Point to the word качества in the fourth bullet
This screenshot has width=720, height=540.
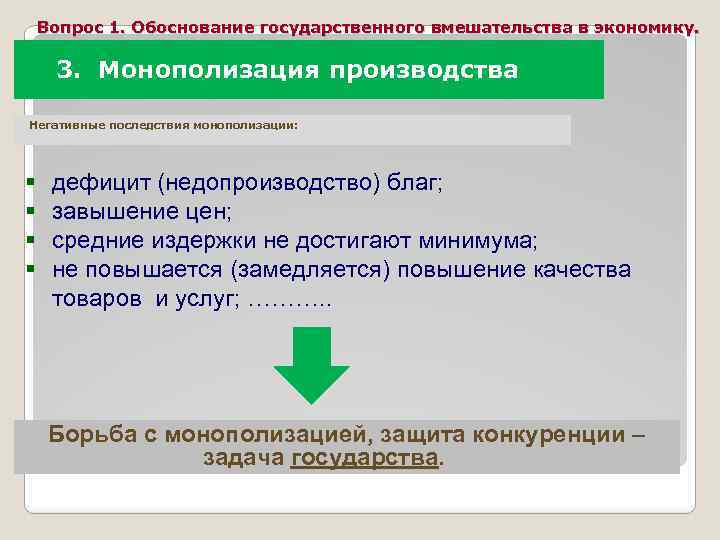pos(580,270)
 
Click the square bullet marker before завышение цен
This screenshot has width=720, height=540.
pos(31,212)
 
